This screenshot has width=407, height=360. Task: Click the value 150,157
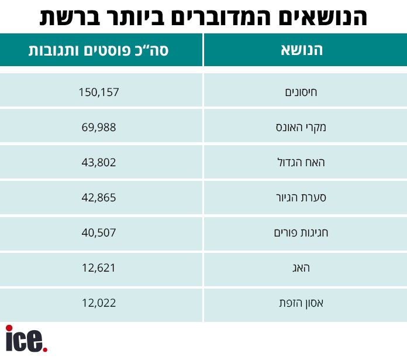(98, 91)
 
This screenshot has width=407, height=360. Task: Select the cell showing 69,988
(98, 126)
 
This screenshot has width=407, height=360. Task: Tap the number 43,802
(98, 162)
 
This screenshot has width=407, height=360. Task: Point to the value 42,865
(98, 197)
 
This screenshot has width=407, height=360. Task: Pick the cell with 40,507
(98, 232)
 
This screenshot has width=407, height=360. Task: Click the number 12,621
(98, 268)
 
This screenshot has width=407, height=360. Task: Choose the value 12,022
(98, 303)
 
